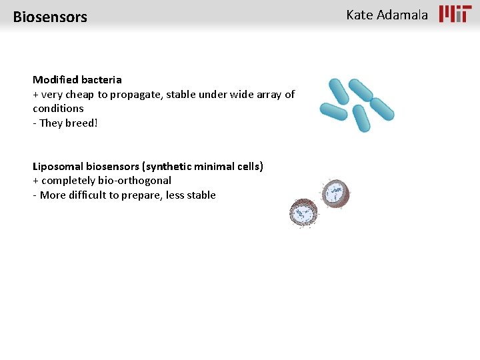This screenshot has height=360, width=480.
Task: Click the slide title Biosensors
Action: coord(50,17)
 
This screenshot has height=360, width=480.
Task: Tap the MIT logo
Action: coord(455,14)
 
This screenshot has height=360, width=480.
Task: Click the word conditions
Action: coord(58,108)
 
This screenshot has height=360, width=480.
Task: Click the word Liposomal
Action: coord(58,166)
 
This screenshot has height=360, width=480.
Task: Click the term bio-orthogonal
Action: coord(131,181)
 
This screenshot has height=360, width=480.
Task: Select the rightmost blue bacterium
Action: coord(382,109)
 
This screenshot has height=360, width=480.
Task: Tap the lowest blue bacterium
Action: coord(361,118)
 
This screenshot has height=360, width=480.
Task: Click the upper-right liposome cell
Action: coord(335,194)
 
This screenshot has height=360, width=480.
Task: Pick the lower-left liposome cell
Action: coord(304,213)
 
